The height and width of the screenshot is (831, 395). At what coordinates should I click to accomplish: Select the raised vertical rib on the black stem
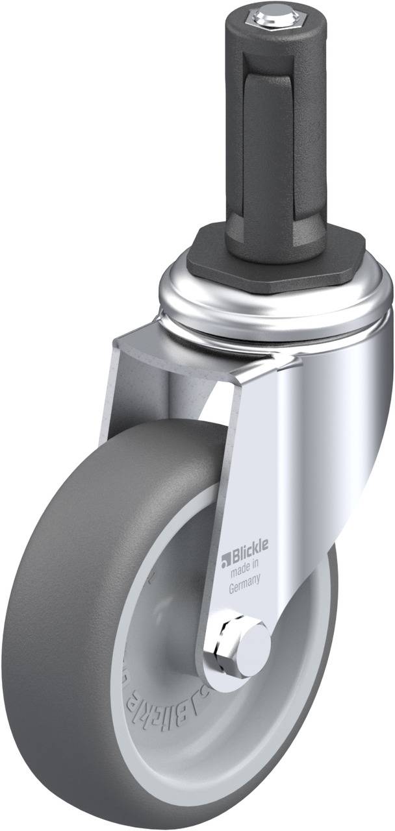(x=260, y=130)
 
